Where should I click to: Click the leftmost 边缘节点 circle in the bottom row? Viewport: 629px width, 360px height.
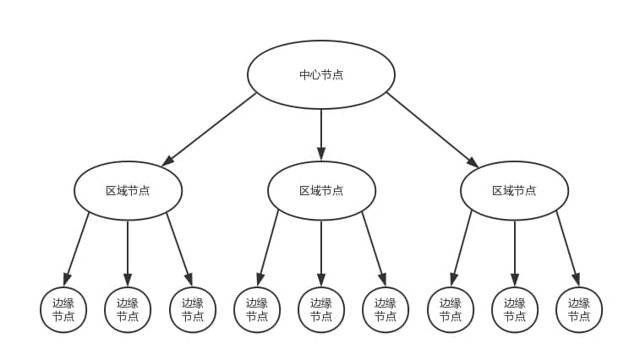pos(63,309)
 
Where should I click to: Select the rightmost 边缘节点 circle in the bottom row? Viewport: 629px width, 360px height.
pos(579,309)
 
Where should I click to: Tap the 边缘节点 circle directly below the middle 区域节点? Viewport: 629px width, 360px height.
pos(321,309)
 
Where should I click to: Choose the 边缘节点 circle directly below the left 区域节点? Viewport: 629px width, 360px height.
pos(128,309)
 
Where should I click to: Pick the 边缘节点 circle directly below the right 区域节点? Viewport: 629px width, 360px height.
pos(514,309)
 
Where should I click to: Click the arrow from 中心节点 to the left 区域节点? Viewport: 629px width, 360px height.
pos(210,128)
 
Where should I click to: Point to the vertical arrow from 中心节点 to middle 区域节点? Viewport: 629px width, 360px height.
pos(321,134)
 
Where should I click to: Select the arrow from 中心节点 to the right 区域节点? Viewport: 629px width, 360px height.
pos(432,128)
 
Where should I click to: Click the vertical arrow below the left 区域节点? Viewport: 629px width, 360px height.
pos(128,252)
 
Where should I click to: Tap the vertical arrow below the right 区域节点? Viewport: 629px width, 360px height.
pos(514,252)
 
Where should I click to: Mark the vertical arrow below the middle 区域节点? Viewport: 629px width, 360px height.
pos(321,252)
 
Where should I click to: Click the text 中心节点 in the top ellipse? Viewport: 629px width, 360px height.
pos(321,74)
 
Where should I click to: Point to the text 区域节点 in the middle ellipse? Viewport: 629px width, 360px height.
pos(321,190)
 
